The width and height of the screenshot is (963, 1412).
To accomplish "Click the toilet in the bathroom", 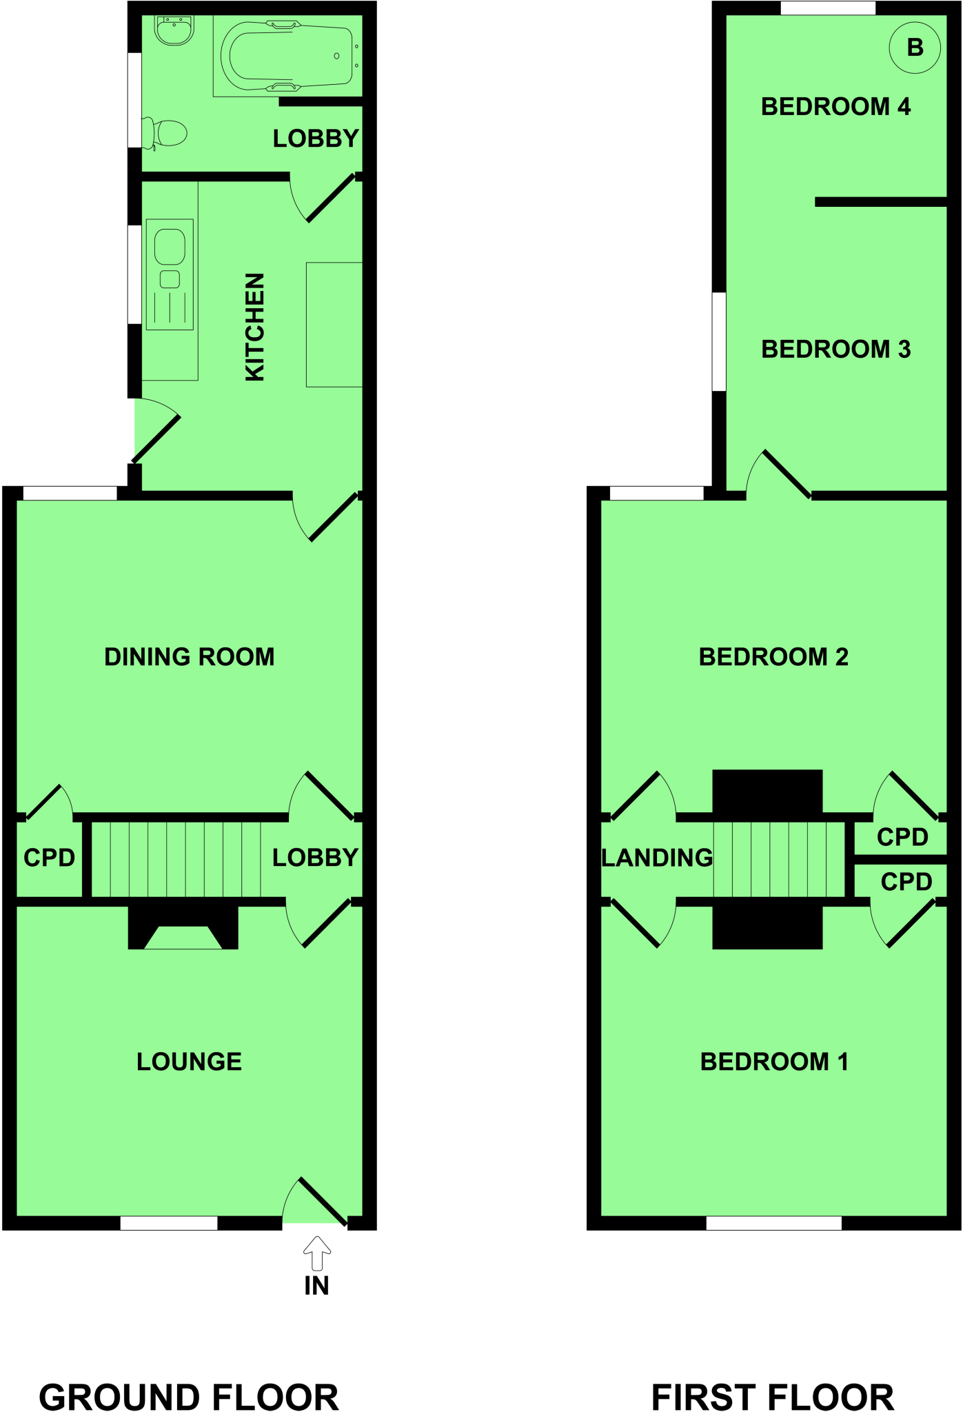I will (165, 133).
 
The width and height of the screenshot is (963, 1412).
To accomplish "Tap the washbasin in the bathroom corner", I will (174, 30).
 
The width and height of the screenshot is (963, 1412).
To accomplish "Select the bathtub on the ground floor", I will (287, 56).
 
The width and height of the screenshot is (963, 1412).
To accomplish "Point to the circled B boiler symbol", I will (914, 48).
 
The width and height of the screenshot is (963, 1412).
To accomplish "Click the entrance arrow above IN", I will (316, 1253).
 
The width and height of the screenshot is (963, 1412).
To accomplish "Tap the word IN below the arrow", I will (316, 1286).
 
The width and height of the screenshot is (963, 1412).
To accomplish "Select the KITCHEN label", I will (255, 327).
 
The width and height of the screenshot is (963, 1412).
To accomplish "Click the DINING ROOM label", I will (189, 657).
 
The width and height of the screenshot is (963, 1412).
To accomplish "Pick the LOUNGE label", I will (189, 1062).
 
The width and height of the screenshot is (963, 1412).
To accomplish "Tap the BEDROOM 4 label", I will (835, 107).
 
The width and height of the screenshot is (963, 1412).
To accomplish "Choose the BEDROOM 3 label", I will (835, 350).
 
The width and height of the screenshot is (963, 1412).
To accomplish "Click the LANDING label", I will (657, 858).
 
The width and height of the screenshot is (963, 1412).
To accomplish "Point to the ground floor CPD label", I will (49, 858).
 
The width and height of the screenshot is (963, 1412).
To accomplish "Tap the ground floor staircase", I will (176, 859).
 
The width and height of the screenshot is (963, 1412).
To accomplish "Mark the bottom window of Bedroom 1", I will (773, 1223).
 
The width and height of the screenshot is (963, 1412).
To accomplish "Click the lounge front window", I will (169, 1223).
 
